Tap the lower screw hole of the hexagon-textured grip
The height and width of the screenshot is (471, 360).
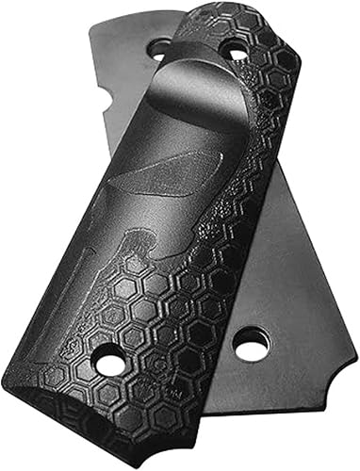point(110,362)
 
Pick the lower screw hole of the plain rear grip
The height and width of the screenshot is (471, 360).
point(250,346)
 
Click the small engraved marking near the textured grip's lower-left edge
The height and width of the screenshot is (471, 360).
point(74,348)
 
